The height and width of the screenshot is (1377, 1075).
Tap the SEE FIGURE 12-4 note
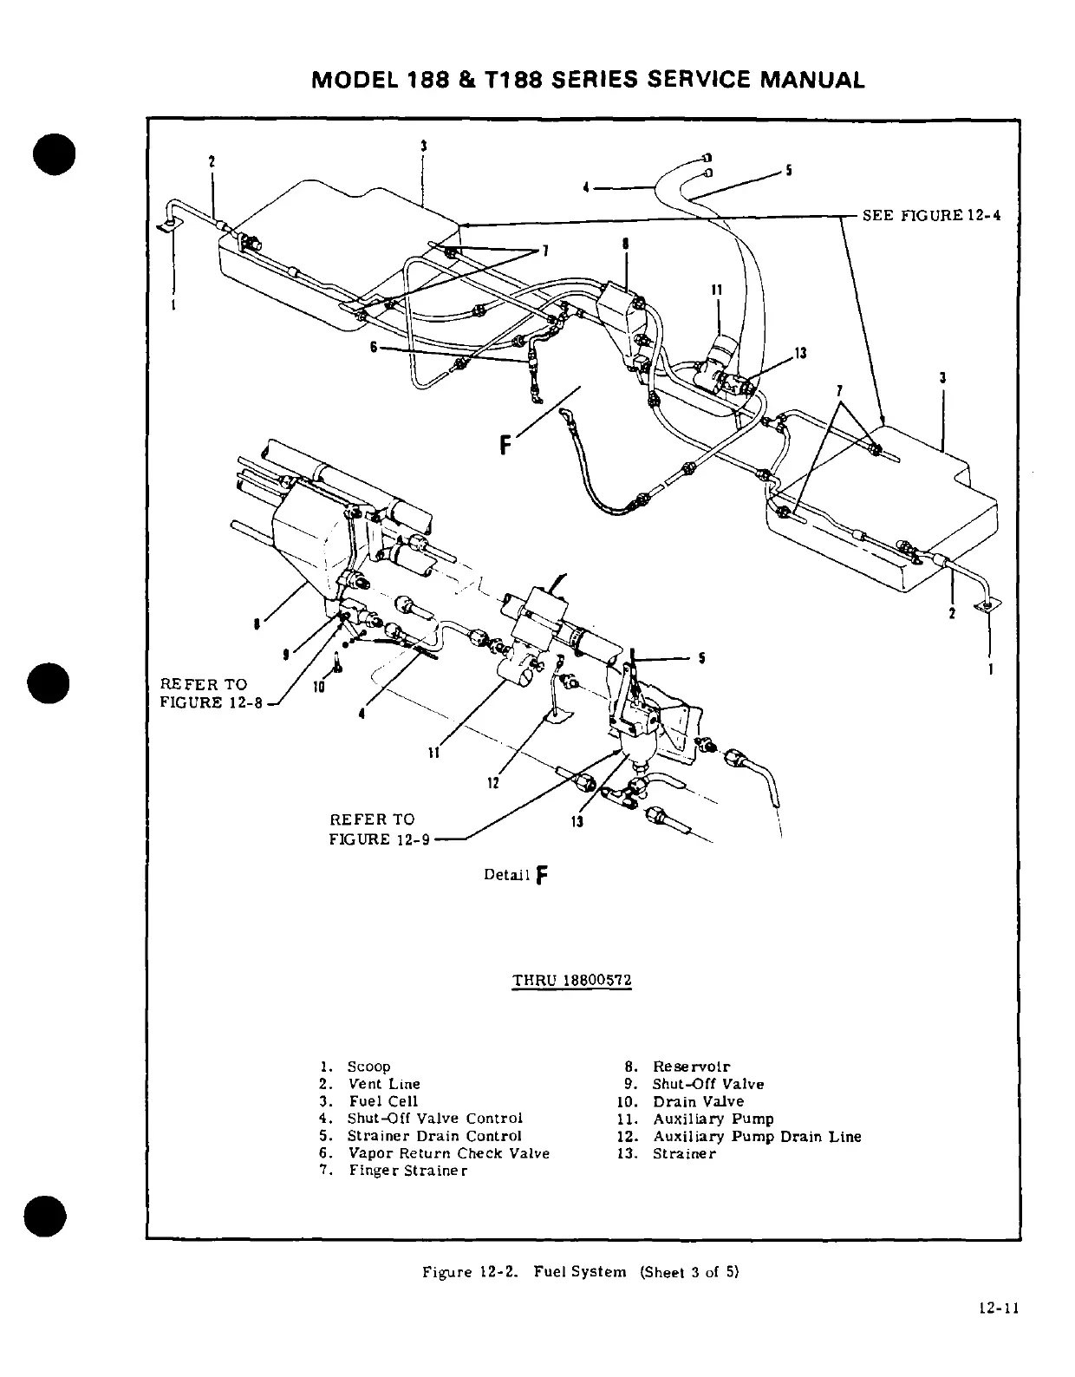pyautogui.click(x=931, y=215)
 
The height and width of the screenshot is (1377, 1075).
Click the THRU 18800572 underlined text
pyautogui.click(x=572, y=981)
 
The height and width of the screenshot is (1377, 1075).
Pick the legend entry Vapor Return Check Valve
pyautogui.click(x=448, y=1153)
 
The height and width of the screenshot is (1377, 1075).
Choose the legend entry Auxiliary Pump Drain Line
pyautogui.click(x=756, y=1136)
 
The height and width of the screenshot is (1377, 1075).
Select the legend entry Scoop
pyautogui.click(x=368, y=1067)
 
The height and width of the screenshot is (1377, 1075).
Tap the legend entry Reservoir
pyautogui.click(x=691, y=1067)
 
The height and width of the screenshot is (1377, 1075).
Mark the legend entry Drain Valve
pyautogui.click(x=698, y=1101)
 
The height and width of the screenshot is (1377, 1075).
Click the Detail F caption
pyautogui.click(x=517, y=874)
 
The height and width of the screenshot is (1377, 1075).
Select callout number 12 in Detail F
pyautogui.click(x=492, y=783)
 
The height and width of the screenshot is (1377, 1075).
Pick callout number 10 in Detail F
pyautogui.click(x=318, y=687)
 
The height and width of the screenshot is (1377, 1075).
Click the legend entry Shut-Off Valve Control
pyautogui.click(x=435, y=1119)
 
